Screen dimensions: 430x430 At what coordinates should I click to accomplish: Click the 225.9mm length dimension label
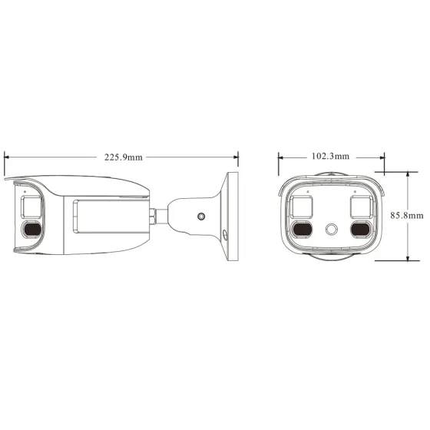tap(124, 157)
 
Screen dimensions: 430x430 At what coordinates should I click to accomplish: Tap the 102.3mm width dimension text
tap(330, 156)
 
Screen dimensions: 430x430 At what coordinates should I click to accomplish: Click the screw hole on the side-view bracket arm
tap(200, 217)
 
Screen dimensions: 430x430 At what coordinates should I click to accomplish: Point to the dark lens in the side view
tap(31, 230)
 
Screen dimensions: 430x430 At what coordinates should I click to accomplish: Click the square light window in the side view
tap(31, 206)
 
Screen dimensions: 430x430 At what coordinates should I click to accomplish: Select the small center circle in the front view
tap(332, 229)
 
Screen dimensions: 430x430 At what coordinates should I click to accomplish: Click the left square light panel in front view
tap(303, 206)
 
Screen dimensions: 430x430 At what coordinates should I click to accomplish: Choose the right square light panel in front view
tap(361, 206)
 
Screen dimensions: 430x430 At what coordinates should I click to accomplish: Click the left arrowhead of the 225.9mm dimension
tap(7, 157)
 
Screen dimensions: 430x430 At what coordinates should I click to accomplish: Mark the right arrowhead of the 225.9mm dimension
tap(235, 157)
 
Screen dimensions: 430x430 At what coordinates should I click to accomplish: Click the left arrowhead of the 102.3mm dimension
tap(281, 157)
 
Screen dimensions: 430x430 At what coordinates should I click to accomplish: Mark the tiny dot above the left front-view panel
tap(307, 190)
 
